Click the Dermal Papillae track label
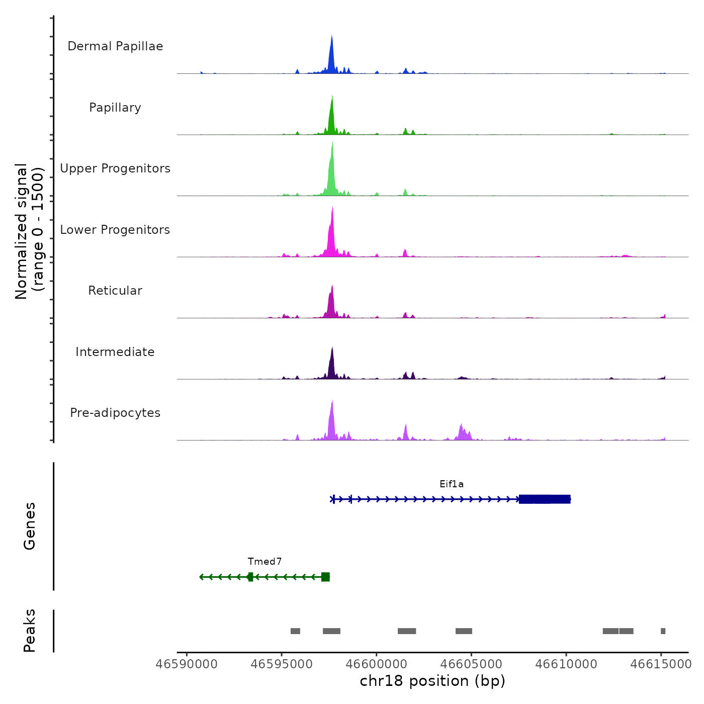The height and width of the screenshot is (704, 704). pyautogui.click(x=115, y=46)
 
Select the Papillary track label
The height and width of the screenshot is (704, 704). pyautogui.click(x=115, y=108)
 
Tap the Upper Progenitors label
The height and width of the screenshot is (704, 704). pyautogui.click(x=115, y=168)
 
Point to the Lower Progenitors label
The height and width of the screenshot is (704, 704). pyautogui.click(x=115, y=230)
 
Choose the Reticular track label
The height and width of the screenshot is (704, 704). pyautogui.click(x=115, y=291)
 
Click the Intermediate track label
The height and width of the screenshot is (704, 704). pyautogui.click(x=115, y=352)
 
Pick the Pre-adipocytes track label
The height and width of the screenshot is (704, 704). pyautogui.click(x=115, y=413)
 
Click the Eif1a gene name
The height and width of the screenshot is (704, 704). pyautogui.click(x=452, y=484)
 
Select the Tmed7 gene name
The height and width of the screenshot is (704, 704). pyautogui.click(x=265, y=562)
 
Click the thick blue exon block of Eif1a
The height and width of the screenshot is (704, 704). pyautogui.click(x=545, y=499)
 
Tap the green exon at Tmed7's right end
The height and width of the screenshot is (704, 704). pyautogui.click(x=325, y=577)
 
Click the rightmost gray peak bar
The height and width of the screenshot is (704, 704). pyautogui.click(x=663, y=631)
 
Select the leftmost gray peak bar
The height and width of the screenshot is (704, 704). pyautogui.click(x=295, y=631)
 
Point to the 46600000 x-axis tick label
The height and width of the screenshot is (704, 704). pyautogui.click(x=377, y=664)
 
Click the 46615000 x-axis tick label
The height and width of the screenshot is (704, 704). pyautogui.click(x=661, y=664)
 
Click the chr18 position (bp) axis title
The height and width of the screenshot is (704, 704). pyautogui.click(x=432, y=681)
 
